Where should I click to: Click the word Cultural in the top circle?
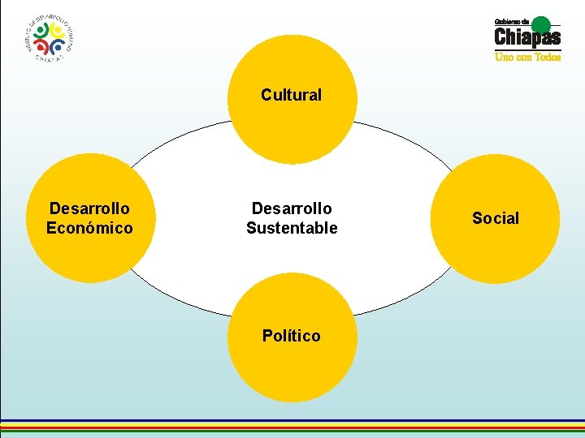tap(291, 95)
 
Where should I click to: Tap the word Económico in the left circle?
tap(89, 228)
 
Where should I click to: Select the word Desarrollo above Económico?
tap(89, 208)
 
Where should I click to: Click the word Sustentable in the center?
tap(292, 228)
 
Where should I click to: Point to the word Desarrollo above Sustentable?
tap(292, 208)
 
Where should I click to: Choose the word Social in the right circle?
tap(496, 218)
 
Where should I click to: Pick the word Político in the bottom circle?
tap(291, 336)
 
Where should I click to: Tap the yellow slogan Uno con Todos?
tap(528, 58)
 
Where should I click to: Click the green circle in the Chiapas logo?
tap(542, 24)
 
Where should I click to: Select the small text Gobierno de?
tap(513, 21)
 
